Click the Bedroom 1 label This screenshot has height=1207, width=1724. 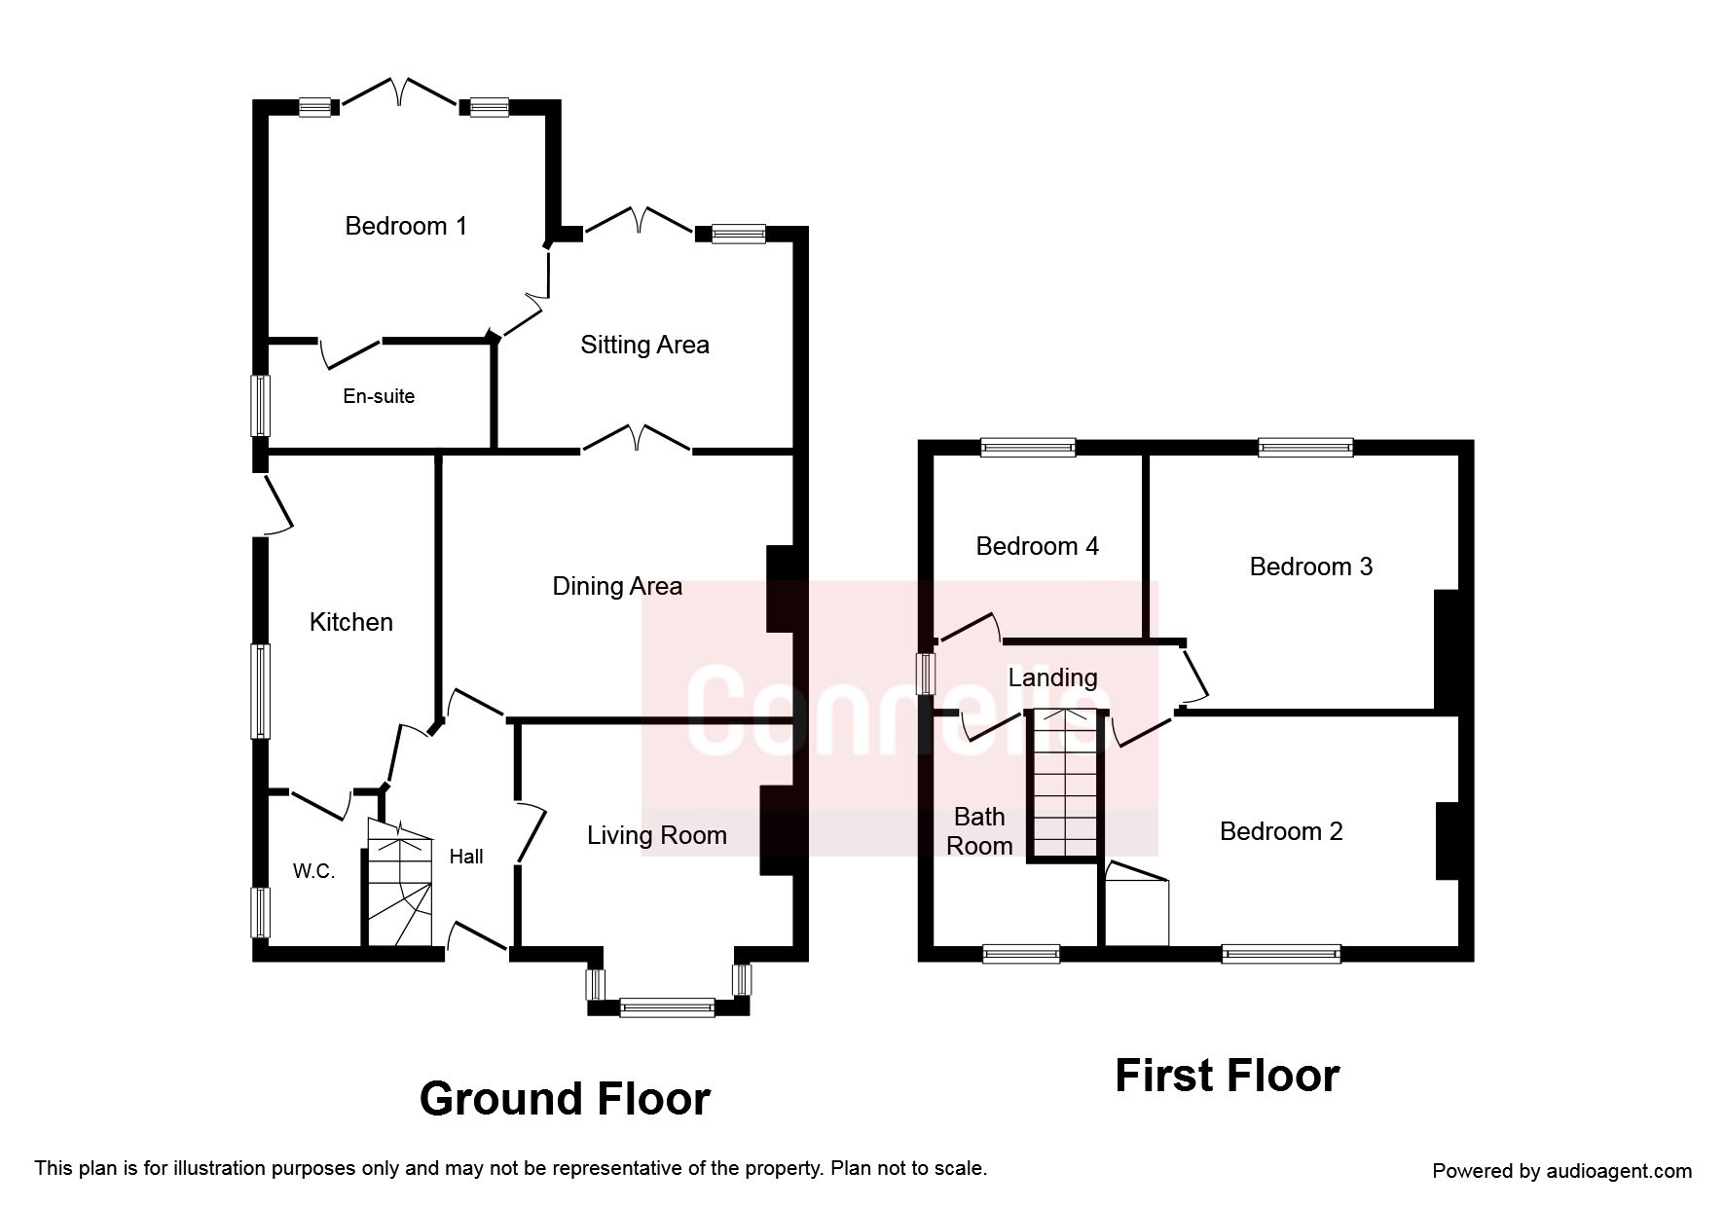tap(406, 226)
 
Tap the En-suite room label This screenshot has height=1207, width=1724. tap(379, 396)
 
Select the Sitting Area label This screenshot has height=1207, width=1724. tap(644, 345)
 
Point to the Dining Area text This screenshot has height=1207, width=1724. tap(617, 586)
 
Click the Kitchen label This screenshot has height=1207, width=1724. tap(351, 622)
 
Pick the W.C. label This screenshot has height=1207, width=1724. tap(314, 871)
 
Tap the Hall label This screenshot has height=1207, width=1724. tap(466, 857)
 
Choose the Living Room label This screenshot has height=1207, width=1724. tap(657, 835)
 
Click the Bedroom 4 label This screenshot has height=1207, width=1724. tap(1037, 546)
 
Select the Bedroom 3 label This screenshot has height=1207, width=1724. tap(1311, 567)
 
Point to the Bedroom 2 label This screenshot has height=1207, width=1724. tap(1281, 831)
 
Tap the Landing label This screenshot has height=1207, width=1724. tap(1052, 677)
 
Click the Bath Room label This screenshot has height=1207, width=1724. tap(979, 831)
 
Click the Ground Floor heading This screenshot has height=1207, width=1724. tap(565, 1099)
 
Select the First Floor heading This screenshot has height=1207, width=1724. tap(1227, 1076)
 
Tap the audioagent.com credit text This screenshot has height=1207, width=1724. tap(1561, 1171)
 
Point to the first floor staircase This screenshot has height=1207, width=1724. tap(1066, 785)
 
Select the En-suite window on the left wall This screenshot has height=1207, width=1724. tap(260, 405)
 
